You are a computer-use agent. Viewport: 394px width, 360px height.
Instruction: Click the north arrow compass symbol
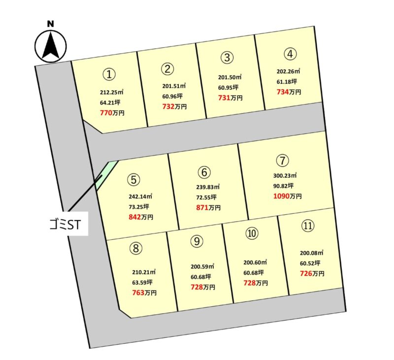tap(51, 46)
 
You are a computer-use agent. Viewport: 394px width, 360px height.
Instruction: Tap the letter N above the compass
tap(51, 24)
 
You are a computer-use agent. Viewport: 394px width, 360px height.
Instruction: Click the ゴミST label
tap(65, 225)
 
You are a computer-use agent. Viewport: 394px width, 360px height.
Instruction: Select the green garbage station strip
tap(107, 175)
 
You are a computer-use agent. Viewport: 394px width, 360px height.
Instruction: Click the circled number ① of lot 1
tap(109, 74)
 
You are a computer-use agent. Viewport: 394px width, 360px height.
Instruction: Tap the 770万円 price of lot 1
tap(112, 113)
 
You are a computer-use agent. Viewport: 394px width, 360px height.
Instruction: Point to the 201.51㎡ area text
tap(174, 86)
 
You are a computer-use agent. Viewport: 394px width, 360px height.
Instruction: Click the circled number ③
tap(227, 57)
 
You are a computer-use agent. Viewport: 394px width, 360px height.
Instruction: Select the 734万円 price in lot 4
tap(289, 92)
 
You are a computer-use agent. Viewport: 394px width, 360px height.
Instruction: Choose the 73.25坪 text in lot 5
tap(139, 207)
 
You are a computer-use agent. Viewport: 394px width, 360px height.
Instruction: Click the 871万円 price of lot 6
tap(208, 207)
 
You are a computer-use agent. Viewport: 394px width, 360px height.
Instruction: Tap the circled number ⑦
tap(282, 160)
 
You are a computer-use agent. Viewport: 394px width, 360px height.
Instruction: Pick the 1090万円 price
tap(288, 196)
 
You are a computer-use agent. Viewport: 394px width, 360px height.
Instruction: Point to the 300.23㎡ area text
tap(285, 175)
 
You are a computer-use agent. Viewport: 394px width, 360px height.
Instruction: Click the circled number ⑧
tap(136, 248)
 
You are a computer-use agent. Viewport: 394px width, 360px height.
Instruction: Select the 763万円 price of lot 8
tap(144, 293)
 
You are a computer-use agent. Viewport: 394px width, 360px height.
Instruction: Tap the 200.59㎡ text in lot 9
tap(202, 266)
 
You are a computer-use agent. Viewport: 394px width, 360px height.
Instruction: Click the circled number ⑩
tap(252, 233)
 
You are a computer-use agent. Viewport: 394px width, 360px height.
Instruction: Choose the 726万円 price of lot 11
tap(312, 273)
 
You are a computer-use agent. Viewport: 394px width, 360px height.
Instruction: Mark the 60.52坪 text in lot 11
tap(310, 263)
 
